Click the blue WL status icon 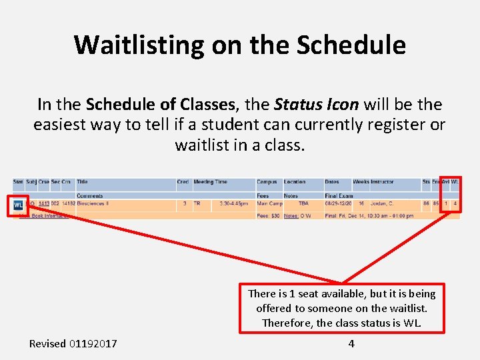click(x=18, y=205)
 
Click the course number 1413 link click(x=43, y=204)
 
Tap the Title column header click(x=82, y=182)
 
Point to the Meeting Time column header click(x=210, y=182)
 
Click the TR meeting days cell click(x=197, y=204)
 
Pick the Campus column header click(x=267, y=182)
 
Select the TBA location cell click(x=303, y=204)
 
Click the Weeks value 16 click(x=361, y=204)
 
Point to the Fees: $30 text click(x=268, y=215)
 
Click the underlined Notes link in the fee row click(x=291, y=215)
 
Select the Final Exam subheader click(x=339, y=196)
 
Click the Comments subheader click(x=89, y=196)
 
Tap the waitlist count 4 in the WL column click(x=455, y=204)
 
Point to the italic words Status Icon click(x=317, y=105)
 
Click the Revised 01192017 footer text click(x=73, y=343)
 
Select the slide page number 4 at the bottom click(x=351, y=343)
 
